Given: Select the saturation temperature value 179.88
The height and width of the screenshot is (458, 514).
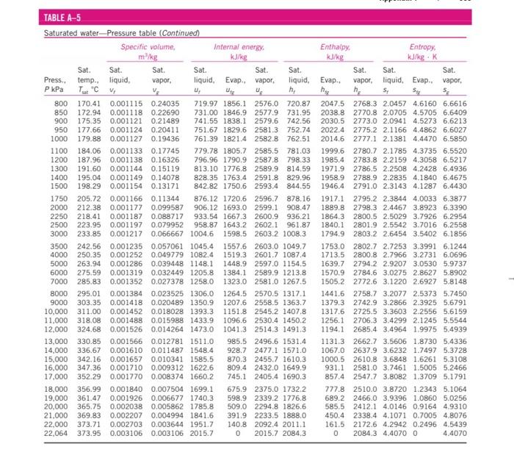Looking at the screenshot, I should pos(88,136).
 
